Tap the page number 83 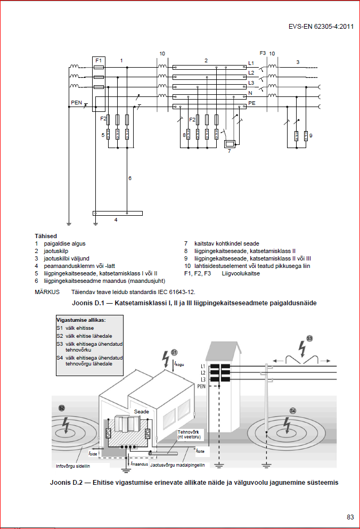[350, 516]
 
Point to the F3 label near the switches [262, 53]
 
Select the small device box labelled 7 [230, 144]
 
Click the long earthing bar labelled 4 [118, 213]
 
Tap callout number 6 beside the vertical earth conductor [129, 177]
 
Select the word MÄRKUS [47, 292]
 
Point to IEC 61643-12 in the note [176, 292]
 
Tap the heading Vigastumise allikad [81, 320]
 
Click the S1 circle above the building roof [174, 352]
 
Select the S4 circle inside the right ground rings [292, 410]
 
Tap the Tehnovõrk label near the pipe [188, 432]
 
